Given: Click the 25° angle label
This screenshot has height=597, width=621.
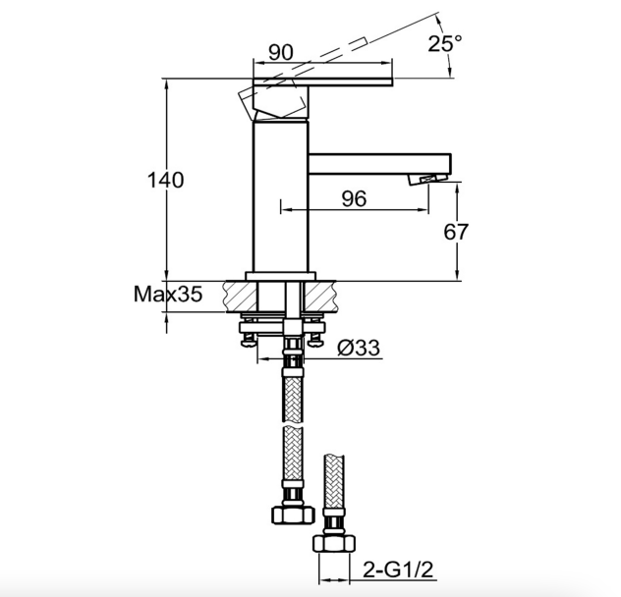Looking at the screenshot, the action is pyautogui.click(x=445, y=43).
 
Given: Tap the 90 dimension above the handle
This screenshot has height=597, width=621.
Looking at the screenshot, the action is pyautogui.click(x=281, y=52).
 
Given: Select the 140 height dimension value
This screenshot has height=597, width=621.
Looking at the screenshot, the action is pyautogui.click(x=165, y=180).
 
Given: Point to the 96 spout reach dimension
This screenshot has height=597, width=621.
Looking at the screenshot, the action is pyautogui.click(x=354, y=198).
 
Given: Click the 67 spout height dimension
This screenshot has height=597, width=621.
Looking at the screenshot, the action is pyautogui.click(x=456, y=232).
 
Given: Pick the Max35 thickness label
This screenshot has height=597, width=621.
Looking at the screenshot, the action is pyautogui.click(x=168, y=295).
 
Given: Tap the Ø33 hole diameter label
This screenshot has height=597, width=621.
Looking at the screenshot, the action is pyautogui.click(x=359, y=348).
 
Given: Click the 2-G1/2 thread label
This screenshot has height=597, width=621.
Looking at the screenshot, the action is pyautogui.click(x=398, y=570).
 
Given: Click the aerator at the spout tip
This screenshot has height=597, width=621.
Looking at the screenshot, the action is pyautogui.click(x=428, y=180).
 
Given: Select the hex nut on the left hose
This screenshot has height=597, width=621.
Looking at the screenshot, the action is pyautogui.click(x=293, y=515).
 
